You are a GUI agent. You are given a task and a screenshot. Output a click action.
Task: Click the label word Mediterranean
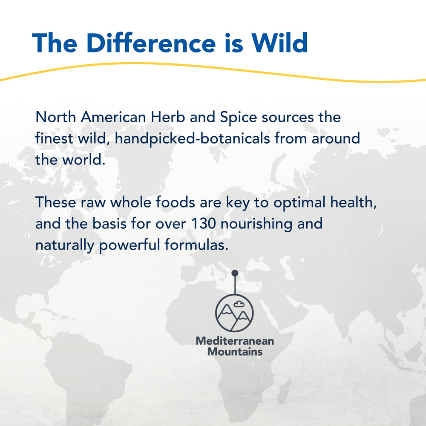point(235,341)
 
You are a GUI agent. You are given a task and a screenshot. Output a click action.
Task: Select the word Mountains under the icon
point(235,352)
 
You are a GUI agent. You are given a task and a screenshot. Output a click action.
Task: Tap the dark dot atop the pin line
point(235,273)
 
